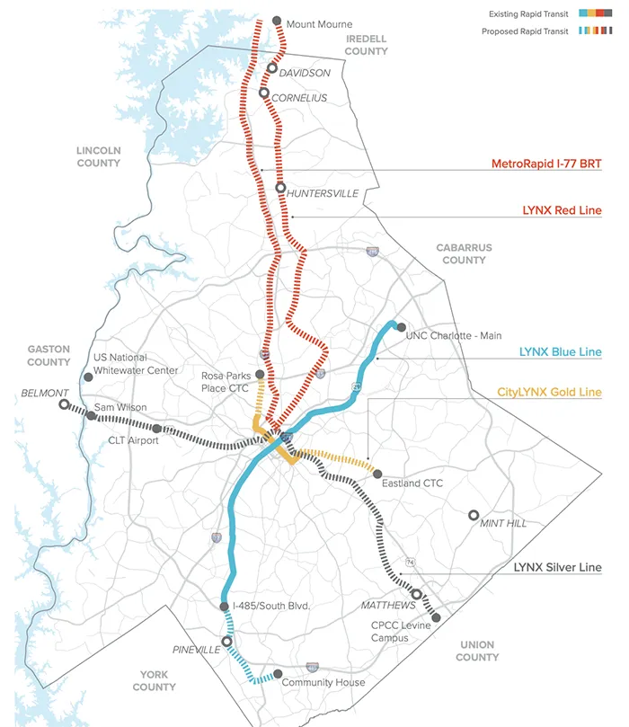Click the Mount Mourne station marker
coord(277,21)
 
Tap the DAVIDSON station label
coord(305,73)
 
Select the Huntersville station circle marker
coord(280,189)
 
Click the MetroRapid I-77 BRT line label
coord(546,164)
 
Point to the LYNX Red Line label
coord(562,210)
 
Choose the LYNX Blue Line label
coord(561,352)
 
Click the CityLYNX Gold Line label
coord(549,393)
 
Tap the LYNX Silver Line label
coord(557,568)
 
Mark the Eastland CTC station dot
coord(377,474)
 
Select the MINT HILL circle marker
coord(474,516)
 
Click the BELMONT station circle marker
coord(64,405)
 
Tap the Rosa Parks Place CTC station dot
coord(260,375)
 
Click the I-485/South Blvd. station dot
coord(225,607)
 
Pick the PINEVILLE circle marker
coord(226,642)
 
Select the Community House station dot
coord(279,674)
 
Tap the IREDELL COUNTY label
coord(366,46)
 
